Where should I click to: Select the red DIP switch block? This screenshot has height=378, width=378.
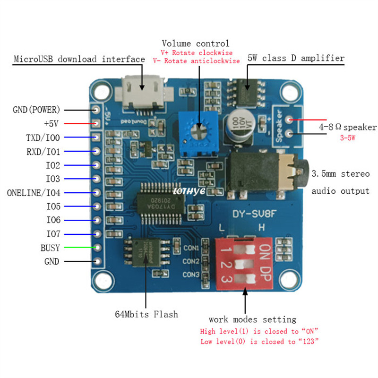pyautogui.click(x=245, y=262)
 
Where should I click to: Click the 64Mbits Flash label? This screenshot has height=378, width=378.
pyautogui.click(x=146, y=314)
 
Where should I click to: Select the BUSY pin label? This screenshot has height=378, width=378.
pyautogui.click(x=51, y=248)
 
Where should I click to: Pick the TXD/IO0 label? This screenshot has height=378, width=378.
pyautogui.click(x=43, y=137)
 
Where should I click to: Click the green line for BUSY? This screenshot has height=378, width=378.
pyautogui.click(x=80, y=248)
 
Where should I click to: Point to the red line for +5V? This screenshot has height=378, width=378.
pyautogui.click(x=80, y=124)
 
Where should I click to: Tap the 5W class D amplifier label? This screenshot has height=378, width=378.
pyautogui.click(x=296, y=58)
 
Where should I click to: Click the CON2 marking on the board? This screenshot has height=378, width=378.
pyautogui.click(x=191, y=261)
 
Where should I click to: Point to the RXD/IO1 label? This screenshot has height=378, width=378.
pyautogui.click(x=43, y=152)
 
